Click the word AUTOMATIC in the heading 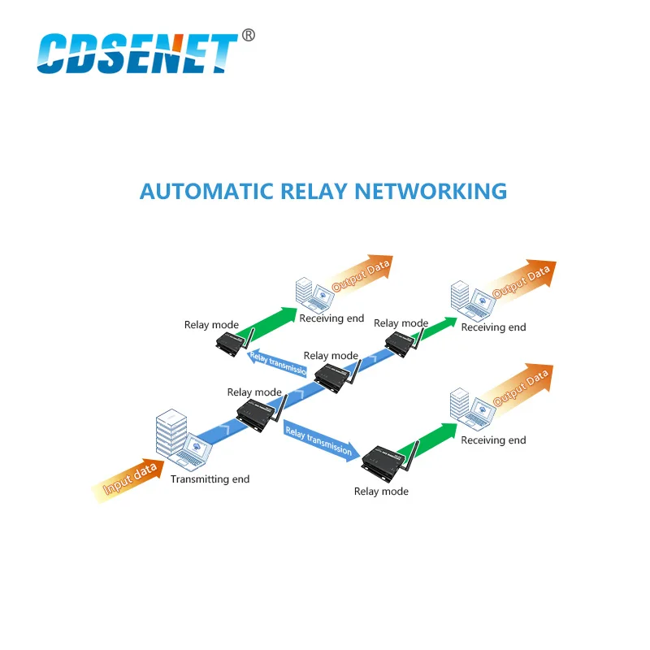pos(206,191)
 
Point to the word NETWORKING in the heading pos(430,191)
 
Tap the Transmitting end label pos(210,479)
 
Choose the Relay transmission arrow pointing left pos(277,363)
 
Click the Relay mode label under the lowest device pos(381,492)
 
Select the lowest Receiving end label pos(493,440)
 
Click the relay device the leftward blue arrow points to pos(231,341)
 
